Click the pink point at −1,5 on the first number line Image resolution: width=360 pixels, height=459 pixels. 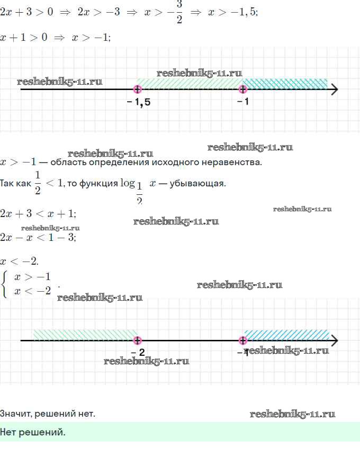[138, 89]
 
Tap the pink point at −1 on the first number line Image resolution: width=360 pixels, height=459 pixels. [242, 89]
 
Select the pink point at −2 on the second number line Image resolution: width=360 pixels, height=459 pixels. [138, 340]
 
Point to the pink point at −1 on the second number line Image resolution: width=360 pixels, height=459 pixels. [242, 340]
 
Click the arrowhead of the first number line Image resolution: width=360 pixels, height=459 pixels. [334, 89]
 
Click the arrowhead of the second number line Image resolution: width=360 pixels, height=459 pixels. [334, 340]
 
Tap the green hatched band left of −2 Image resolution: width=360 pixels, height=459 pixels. [85, 334]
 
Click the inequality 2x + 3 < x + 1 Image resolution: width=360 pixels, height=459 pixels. [38, 214]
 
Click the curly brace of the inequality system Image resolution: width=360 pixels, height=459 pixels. [5, 284]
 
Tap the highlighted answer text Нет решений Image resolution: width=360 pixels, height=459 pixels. [33, 433]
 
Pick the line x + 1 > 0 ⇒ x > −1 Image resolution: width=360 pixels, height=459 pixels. [55, 38]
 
